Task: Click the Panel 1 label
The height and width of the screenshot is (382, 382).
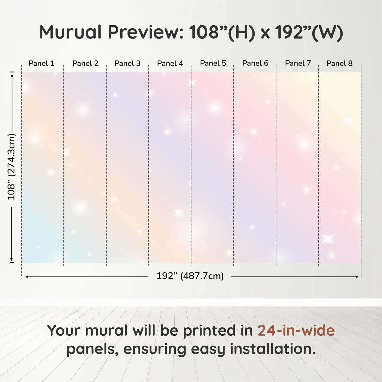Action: [41, 63]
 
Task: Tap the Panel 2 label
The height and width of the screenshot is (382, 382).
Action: [85, 63]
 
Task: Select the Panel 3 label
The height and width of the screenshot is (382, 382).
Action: [127, 63]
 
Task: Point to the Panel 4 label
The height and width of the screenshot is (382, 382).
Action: [170, 63]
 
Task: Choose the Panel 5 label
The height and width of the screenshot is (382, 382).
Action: [213, 63]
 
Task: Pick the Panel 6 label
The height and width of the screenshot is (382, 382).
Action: [255, 63]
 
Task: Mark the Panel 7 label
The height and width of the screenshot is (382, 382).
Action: [298, 63]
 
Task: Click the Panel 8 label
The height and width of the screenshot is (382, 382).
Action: [340, 63]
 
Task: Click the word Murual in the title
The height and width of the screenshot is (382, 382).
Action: [70, 32]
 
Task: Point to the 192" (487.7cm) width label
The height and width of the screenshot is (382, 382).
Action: [190, 276]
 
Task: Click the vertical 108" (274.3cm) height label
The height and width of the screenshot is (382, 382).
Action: [11, 167]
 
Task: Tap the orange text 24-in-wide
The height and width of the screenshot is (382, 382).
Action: [296, 330]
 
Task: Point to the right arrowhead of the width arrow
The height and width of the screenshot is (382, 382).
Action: [357, 277]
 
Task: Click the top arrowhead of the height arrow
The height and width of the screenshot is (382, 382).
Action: [12, 75]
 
